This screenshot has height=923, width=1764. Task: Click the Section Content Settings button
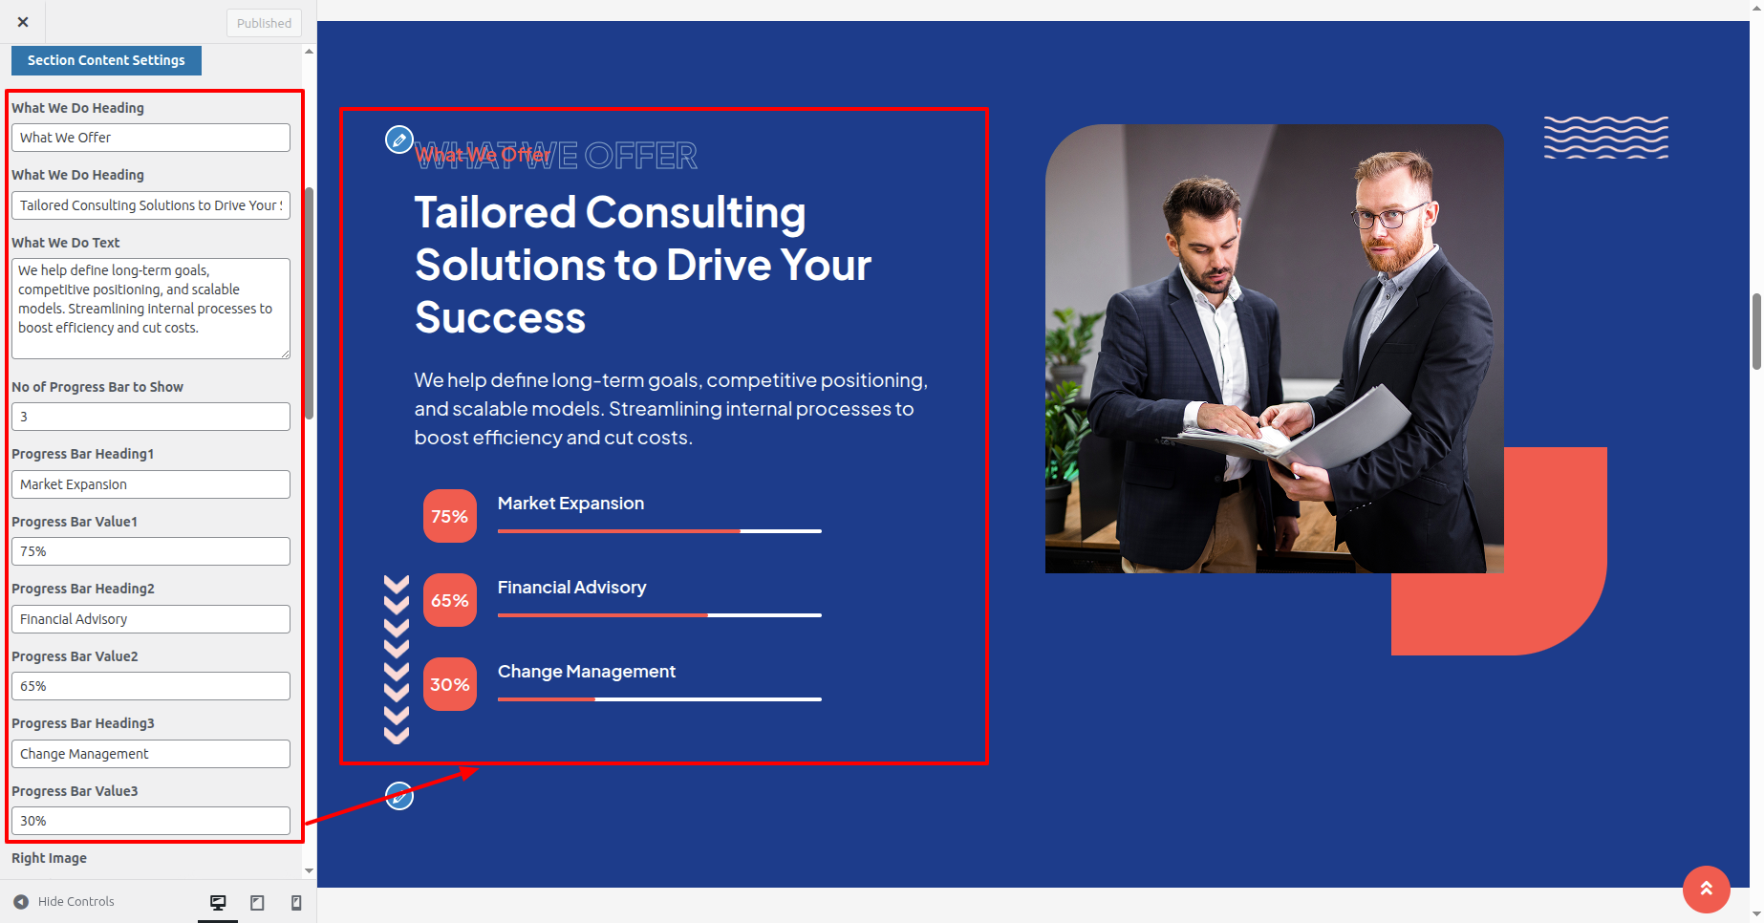(106, 60)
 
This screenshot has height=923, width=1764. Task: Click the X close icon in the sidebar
(23, 22)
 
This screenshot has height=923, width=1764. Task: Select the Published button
(264, 23)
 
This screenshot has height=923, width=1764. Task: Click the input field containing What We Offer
(151, 138)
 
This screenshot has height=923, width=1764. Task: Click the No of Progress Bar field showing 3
(151, 417)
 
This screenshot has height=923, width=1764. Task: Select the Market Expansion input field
(151, 484)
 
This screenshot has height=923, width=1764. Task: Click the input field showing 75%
(151, 551)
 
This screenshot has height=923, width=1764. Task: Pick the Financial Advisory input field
(151, 619)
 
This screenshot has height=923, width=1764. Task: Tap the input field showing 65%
(151, 686)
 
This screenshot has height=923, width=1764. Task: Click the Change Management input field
(151, 754)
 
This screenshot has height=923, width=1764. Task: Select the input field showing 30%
(151, 821)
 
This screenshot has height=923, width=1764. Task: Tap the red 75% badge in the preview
(450, 516)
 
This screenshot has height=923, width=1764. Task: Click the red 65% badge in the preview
(450, 600)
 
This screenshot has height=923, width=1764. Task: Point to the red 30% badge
(450, 684)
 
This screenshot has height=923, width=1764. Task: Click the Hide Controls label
(76, 901)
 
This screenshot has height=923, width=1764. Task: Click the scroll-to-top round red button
(1707, 890)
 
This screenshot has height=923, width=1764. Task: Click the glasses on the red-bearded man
(1388, 216)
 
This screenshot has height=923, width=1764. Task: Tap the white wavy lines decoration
(1606, 138)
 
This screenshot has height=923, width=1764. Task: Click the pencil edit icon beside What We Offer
(399, 140)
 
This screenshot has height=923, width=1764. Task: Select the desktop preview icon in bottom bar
(218, 902)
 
